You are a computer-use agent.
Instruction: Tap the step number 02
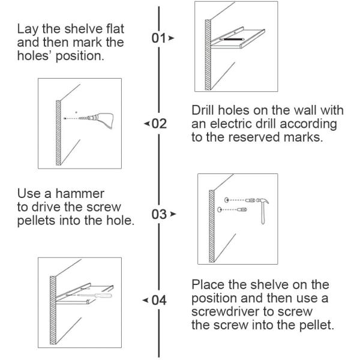pos(158,124)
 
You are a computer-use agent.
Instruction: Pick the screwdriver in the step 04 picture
pos(94,296)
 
